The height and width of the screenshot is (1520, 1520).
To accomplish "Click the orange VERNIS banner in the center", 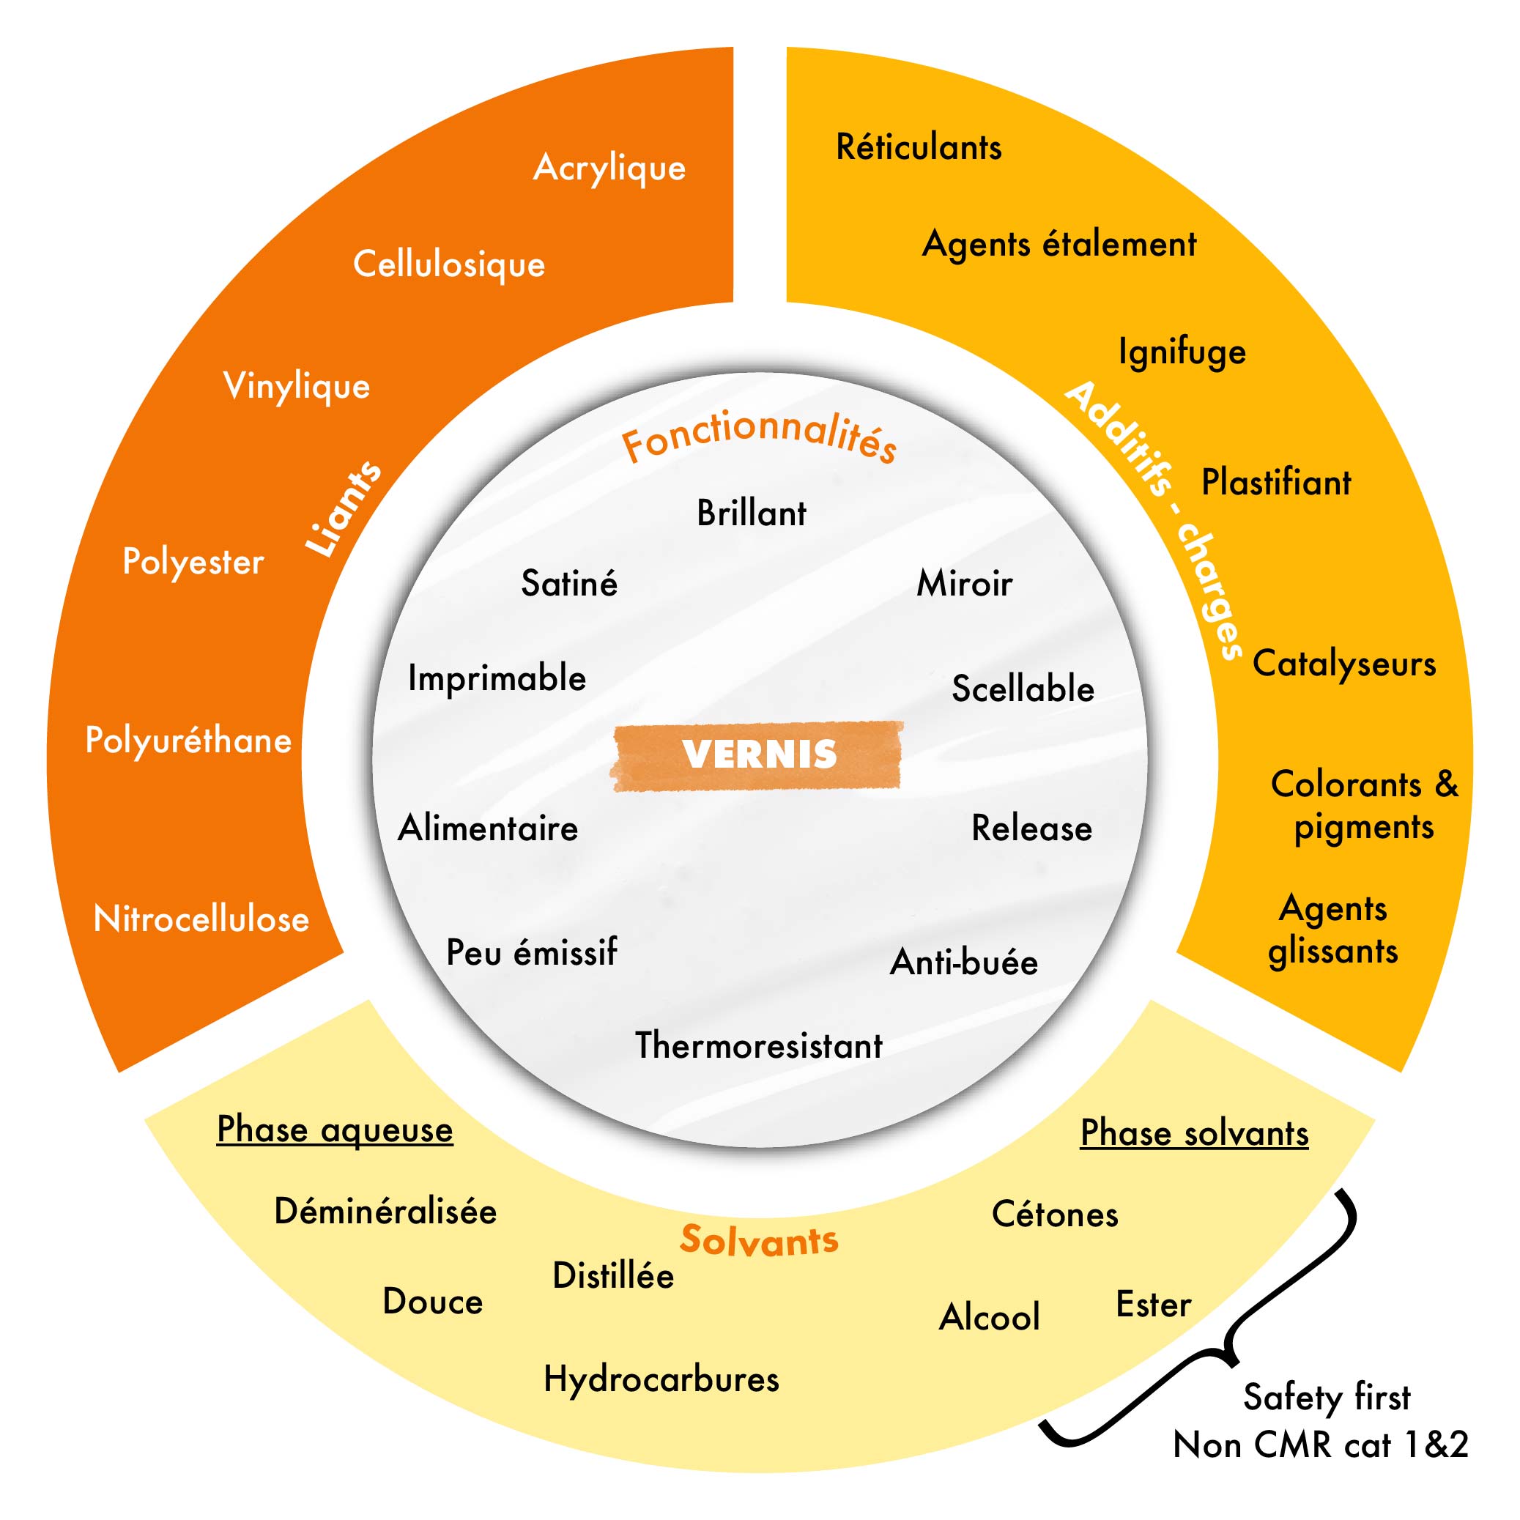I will coord(757,755).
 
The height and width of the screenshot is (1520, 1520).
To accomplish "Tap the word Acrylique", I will coord(609,168).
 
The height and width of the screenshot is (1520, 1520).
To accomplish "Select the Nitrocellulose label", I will coord(201,919).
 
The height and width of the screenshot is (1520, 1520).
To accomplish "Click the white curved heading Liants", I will coord(344,510).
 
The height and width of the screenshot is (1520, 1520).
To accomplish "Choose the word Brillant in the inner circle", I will coord(752,514).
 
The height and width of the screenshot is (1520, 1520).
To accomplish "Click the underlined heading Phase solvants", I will coord(1194,1134).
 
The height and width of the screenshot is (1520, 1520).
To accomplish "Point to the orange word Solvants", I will coord(759,1241).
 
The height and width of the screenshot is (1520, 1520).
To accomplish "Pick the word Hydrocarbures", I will coord(661,1379).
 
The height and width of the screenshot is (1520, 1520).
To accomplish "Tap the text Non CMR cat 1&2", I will coord(1320,1445).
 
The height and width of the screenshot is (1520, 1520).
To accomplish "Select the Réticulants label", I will coord(918,147).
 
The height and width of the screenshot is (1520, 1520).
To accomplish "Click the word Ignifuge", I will coord(1182,352).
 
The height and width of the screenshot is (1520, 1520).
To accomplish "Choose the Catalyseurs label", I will coord(1343,664).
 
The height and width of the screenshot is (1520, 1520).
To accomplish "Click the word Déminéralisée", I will coord(385,1211).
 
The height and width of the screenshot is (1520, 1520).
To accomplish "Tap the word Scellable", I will coord(1023,689).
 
